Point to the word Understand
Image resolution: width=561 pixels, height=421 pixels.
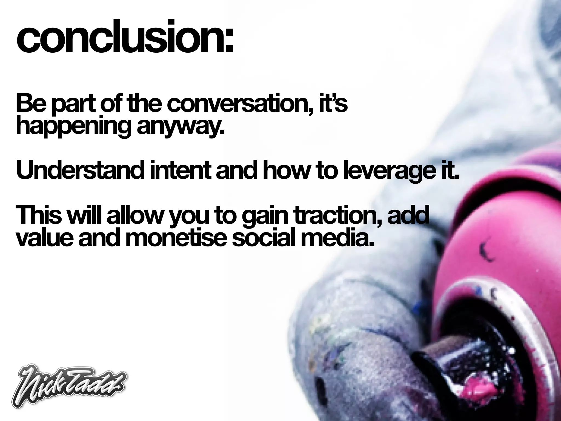click(79, 170)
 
